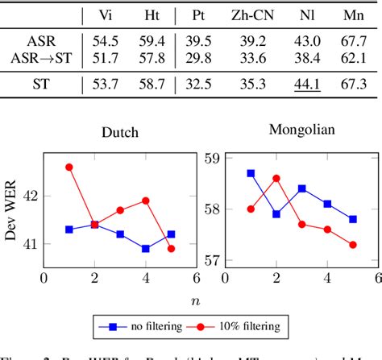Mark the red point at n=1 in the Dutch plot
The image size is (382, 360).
(x=69, y=167)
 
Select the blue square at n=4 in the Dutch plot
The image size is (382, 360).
(x=145, y=249)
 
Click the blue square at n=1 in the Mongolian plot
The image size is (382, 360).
(x=251, y=173)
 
